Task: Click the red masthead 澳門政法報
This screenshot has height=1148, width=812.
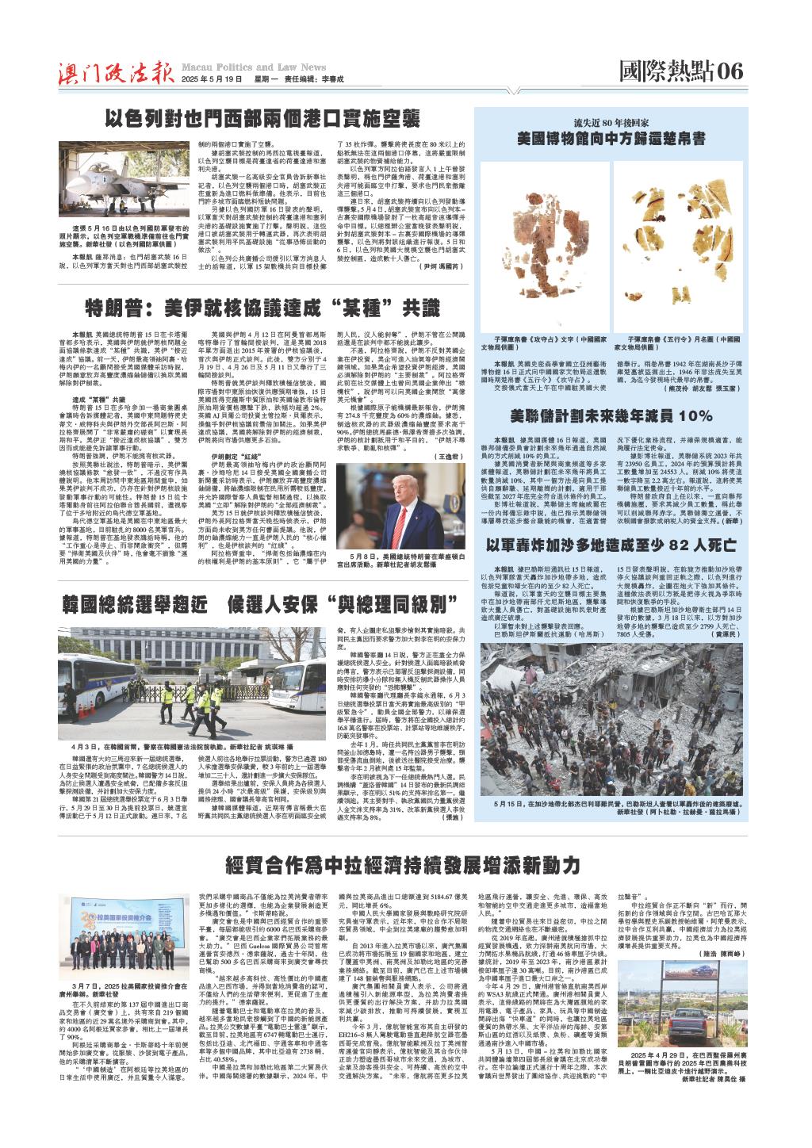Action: point(114,72)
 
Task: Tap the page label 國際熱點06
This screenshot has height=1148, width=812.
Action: point(681,71)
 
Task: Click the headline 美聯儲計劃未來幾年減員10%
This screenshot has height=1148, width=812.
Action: point(611,415)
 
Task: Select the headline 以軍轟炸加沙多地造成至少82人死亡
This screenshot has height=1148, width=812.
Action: point(611,523)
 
